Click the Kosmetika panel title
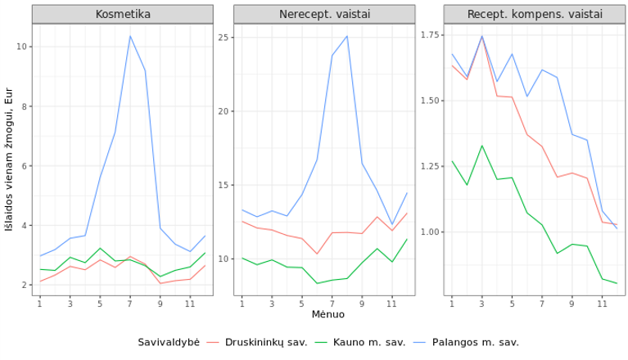[123, 15]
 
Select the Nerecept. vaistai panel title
[324, 15]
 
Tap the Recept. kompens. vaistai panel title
[535, 15]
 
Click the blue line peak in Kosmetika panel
[129, 36]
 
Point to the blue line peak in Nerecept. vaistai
[347, 36]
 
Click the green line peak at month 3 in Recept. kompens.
[481, 146]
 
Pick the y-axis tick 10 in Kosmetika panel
[21, 47]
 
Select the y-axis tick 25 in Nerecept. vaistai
[224, 38]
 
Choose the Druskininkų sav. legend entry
[257, 342]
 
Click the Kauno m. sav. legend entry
[360, 342]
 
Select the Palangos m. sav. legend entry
[466, 342]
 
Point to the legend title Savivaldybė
[169, 342]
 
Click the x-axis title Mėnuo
[328, 314]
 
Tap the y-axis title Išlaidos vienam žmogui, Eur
[9, 160]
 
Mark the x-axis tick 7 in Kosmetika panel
[129, 304]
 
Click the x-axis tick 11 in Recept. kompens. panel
[602, 304]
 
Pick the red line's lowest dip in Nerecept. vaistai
[317, 254]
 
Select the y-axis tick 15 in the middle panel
[224, 185]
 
